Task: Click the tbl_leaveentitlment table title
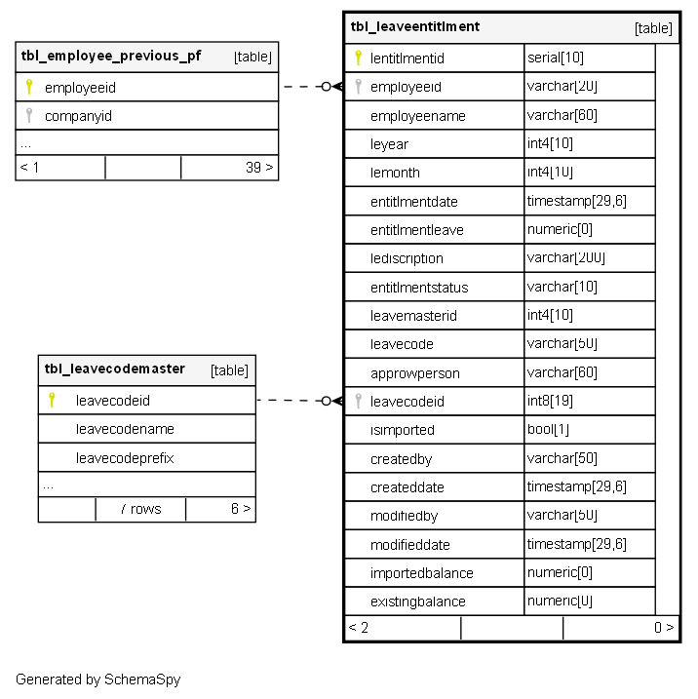point(415,26)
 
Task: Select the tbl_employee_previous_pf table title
point(111,56)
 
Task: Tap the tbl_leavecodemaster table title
point(114,369)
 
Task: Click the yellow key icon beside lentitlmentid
point(359,58)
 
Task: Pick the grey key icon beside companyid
point(29,116)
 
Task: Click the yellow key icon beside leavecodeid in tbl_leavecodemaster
point(52,400)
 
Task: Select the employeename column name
point(417,116)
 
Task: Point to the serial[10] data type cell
point(556,58)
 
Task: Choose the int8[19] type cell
point(552,401)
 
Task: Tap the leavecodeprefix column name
point(125,458)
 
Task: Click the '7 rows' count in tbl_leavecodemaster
point(140,509)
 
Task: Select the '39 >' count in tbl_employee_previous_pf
point(259,168)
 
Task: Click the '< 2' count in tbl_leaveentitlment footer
point(359,628)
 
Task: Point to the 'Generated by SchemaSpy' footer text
point(97,680)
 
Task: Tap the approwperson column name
point(414,372)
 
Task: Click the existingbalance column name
point(417,602)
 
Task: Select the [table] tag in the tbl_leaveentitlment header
point(653,28)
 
